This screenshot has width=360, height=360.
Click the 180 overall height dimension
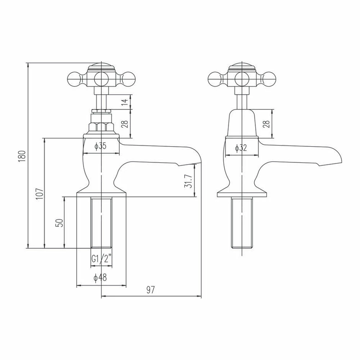[22, 155]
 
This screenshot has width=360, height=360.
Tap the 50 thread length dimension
[59, 222]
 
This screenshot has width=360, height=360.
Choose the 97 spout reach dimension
[150, 290]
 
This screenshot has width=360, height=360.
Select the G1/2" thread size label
[100, 258]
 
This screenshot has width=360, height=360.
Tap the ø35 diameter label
[100, 147]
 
